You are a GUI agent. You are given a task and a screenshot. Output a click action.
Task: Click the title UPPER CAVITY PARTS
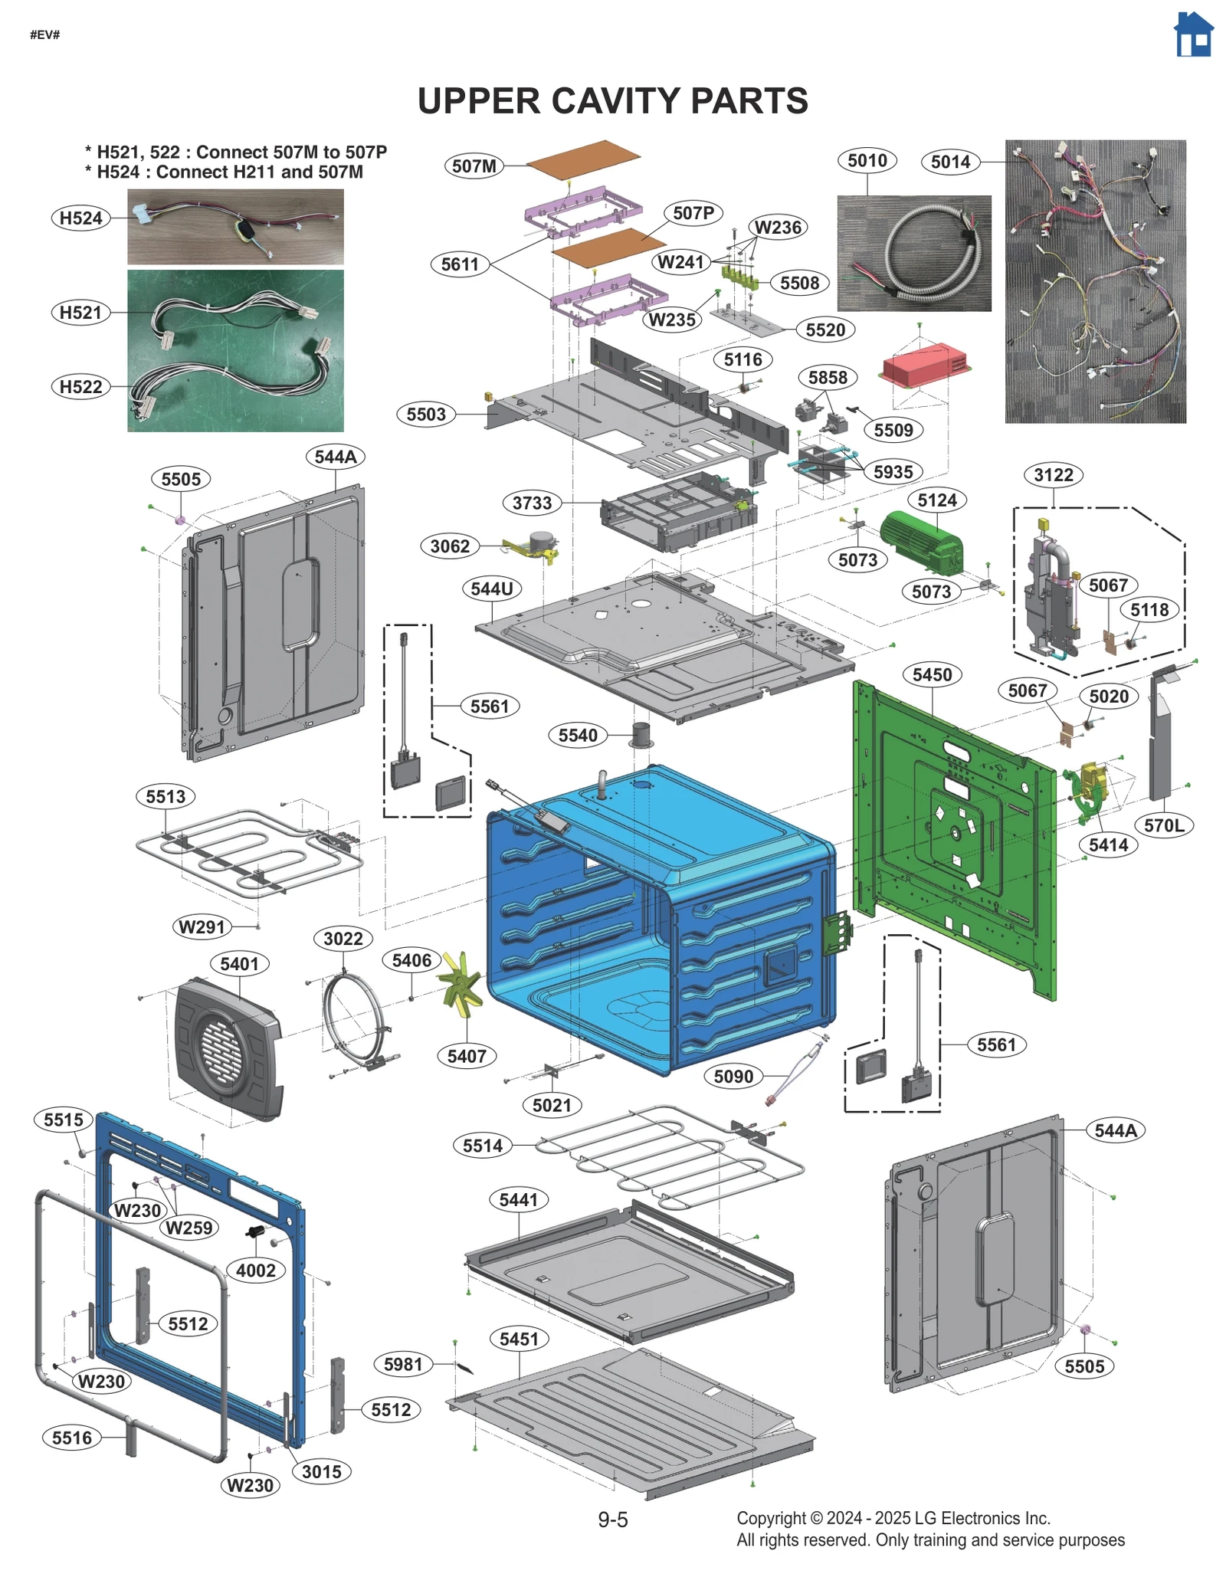tap(612, 101)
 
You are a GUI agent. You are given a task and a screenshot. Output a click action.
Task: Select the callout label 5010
tap(867, 161)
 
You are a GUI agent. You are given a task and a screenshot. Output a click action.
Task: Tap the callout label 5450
tap(932, 674)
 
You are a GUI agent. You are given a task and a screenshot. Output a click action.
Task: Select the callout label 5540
tap(578, 735)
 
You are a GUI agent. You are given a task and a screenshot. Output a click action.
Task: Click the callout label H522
tap(80, 387)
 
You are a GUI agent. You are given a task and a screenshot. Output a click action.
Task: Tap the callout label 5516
tap(72, 1438)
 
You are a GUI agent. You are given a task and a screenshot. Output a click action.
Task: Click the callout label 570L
tap(1163, 825)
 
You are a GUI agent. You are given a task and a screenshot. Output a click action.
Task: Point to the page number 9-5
tap(612, 1520)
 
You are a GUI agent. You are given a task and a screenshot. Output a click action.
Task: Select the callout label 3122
tap(1053, 475)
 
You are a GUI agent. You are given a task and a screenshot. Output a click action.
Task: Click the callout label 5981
tap(403, 1364)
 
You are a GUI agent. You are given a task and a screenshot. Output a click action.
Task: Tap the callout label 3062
tap(450, 546)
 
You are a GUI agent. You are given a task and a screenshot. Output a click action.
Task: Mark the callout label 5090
tap(733, 1076)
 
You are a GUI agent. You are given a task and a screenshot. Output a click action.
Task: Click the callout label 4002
tap(255, 1270)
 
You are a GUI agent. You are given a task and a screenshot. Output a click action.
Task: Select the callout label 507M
tap(474, 166)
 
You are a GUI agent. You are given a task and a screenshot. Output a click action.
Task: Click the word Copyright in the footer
tap(771, 1519)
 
